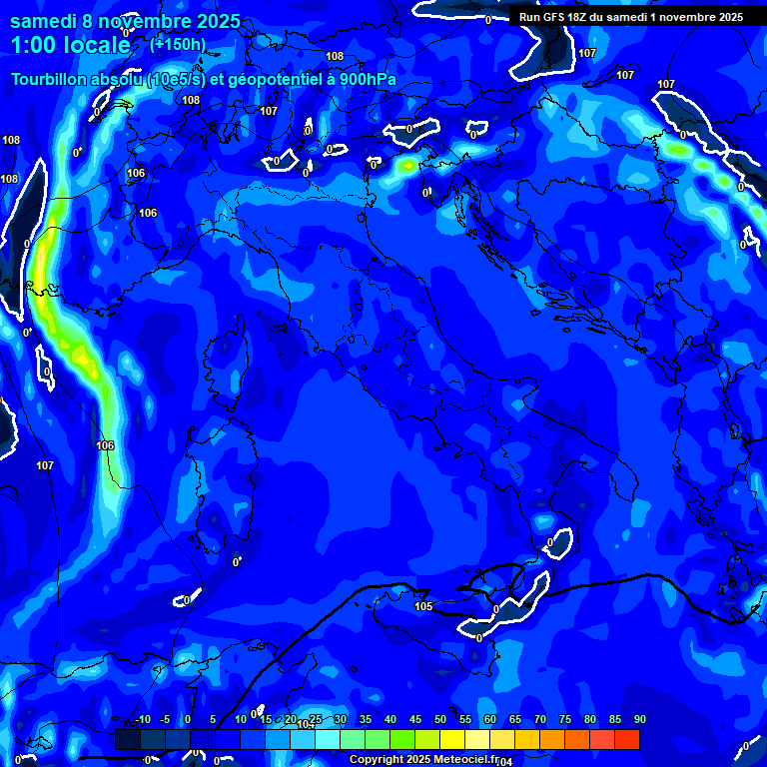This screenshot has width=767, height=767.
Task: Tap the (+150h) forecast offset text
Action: pyautogui.click(x=177, y=45)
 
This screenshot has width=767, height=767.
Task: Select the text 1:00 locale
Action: pyautogui.click(x=70, y=46)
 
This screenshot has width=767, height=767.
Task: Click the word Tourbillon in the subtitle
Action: pyautogui.click(x=51, y=79)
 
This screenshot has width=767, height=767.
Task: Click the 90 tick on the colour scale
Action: pyautogui.click(x=639, y=720)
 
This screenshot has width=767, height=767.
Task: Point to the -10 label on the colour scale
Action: pyautogui.click(x=142, y=720)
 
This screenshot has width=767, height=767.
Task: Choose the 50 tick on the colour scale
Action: pyautogui.click(x=440, y=720)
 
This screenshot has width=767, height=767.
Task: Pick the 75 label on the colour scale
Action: pyautogui.click(x=565, y=720)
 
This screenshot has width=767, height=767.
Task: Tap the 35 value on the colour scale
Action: pyautogui.click(x=366, y=720)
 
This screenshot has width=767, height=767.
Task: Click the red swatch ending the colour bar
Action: pyautogui.click(x=626, y=739)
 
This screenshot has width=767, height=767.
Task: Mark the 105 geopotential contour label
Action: pyautogui.click(x=423, y=606)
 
